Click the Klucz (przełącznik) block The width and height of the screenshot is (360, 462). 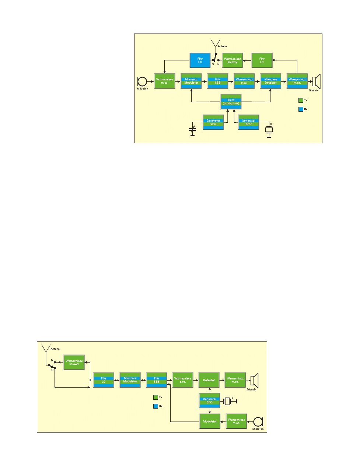tap(231, 102)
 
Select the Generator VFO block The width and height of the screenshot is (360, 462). tap(213, 122)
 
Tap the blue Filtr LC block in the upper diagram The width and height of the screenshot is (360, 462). tap(200, 60)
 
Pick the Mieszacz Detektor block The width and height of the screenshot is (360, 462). tap(271, 81)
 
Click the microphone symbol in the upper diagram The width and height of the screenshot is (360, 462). tap(142, 81)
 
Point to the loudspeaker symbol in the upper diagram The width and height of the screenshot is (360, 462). tap(317, 81)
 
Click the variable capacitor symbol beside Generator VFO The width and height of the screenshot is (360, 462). tap(192, 130)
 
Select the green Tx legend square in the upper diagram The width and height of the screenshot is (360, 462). tap(301, 100)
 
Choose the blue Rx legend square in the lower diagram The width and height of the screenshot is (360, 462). tap(155, 406)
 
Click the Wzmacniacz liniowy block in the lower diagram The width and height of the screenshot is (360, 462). tap(74, 363)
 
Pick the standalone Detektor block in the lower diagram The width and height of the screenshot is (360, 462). tap(209, 380)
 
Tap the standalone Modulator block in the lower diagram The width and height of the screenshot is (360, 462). tap(210, 421)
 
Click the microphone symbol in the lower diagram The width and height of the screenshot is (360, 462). tap(258, 422)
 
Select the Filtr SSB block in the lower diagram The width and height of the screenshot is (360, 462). tap(157, 380)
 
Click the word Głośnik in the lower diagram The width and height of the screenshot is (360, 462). tap(251, 389)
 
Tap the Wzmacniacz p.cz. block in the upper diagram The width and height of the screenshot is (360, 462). tap(244, 81)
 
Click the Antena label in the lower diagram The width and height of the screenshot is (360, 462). tap(55, 349)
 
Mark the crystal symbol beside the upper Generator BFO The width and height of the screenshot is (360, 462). tap(269, 130)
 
